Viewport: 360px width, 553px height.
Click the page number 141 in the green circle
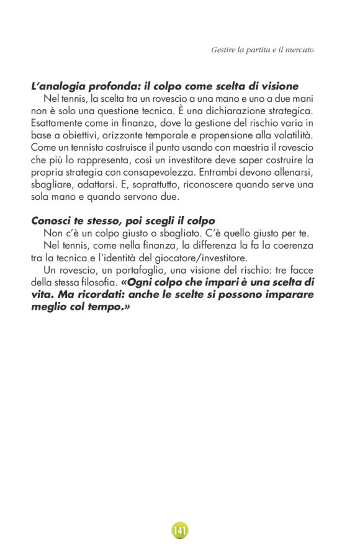click(x=179, y=531)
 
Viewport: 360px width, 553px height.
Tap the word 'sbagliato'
click(x=186, y=233)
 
